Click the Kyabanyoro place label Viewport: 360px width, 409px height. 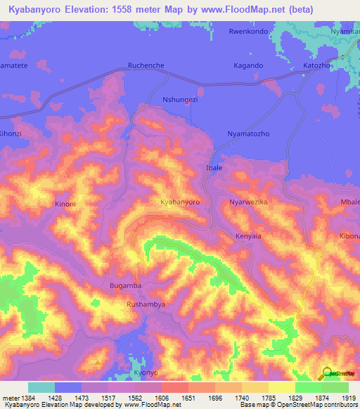[x=180, y=202]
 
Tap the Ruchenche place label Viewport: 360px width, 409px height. [x=146, y=65]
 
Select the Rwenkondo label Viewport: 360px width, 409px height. [x=249, y=32]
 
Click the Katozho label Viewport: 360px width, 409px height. [x=316, y=65]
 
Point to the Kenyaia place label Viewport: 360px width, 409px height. [x=248, y=236]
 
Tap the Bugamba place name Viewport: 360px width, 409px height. [x=126, y=286]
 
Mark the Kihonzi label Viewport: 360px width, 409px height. [x=11, y=134]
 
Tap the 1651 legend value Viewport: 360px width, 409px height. [x=188, y=397]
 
